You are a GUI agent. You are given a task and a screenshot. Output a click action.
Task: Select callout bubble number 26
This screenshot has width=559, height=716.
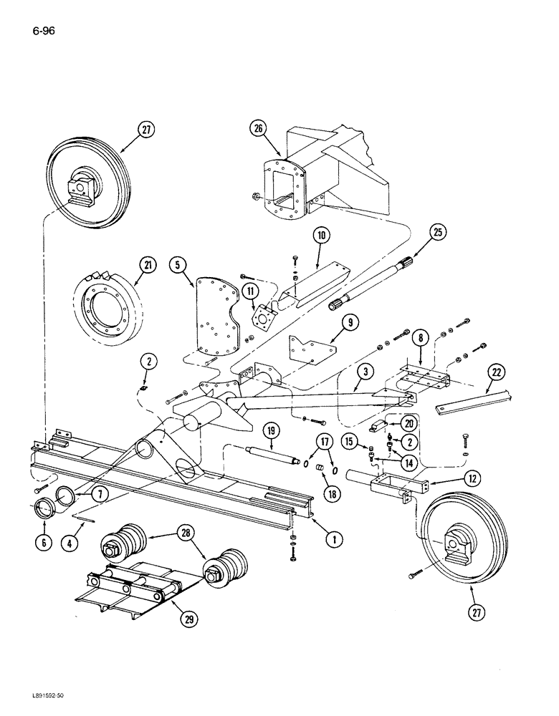(258, 129)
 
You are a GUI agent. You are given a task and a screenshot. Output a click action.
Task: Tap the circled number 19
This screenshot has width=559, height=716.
(272, 431)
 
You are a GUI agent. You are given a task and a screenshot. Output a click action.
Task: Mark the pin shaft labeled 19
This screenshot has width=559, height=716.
(271, 456)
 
